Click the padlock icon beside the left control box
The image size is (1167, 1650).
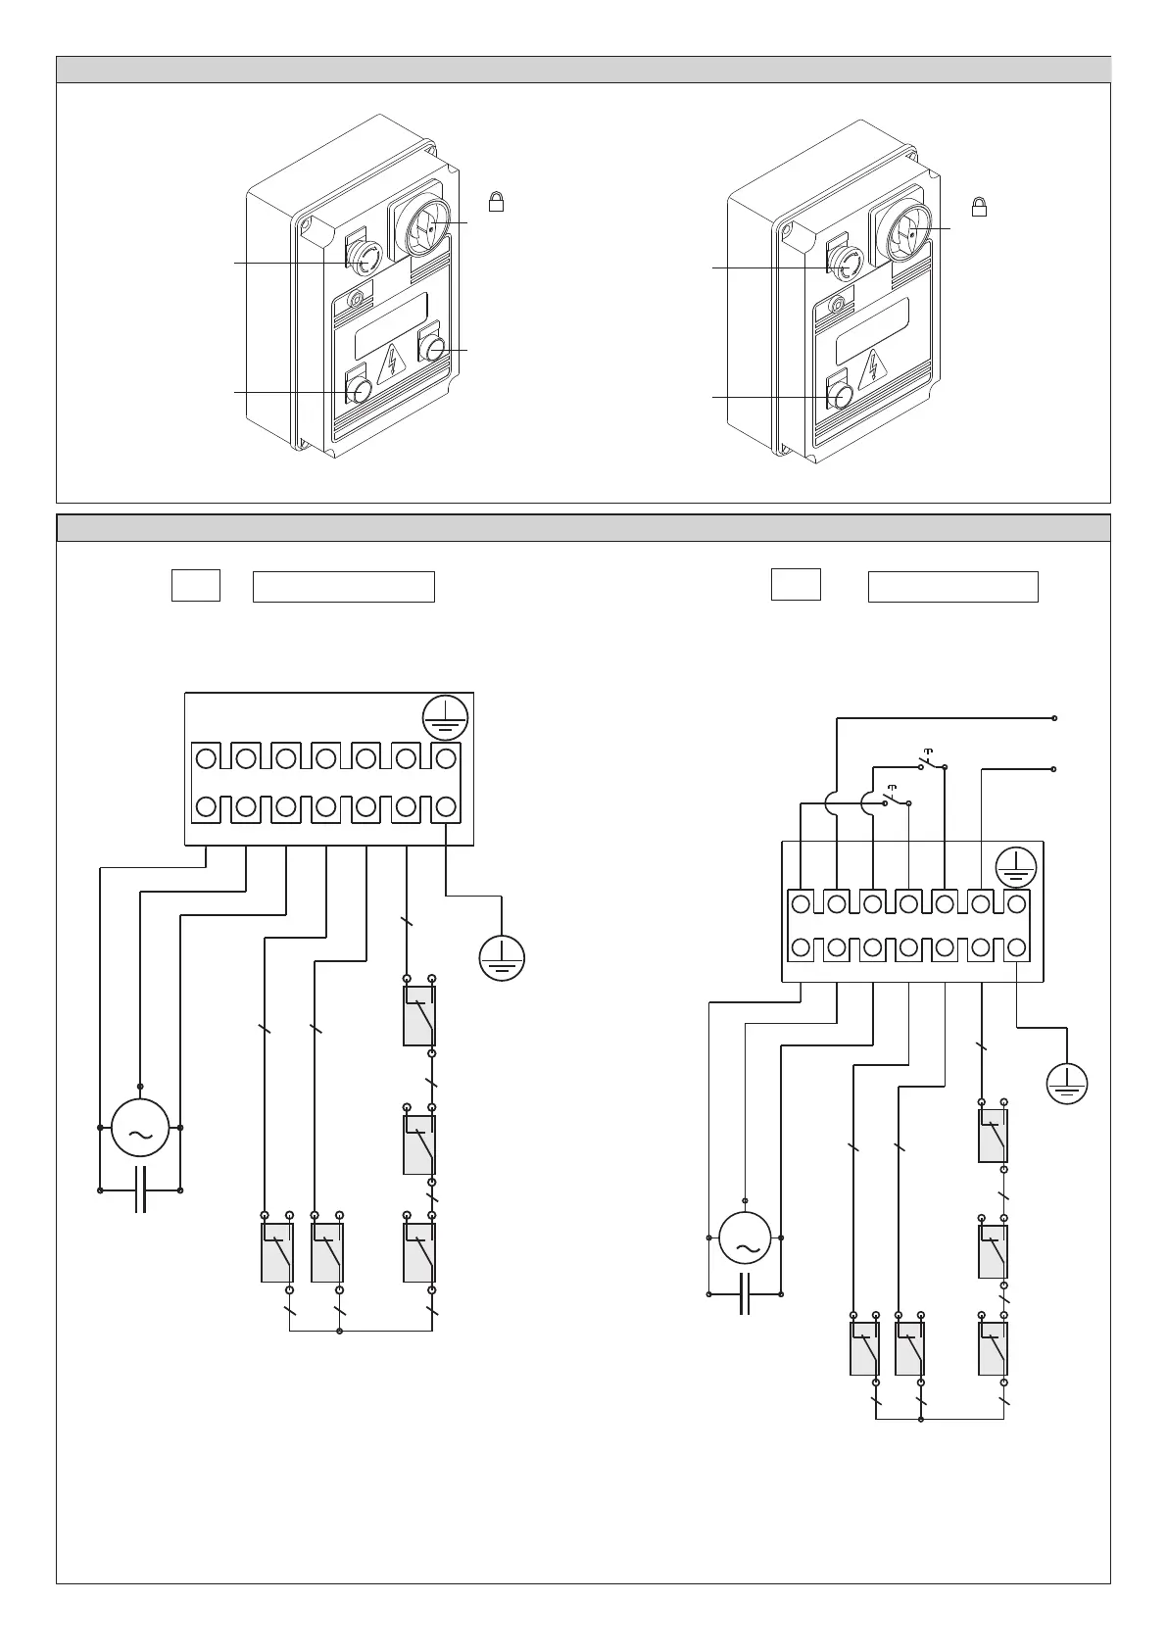tap(497, 202)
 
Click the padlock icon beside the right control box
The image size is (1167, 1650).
tap(978, 207)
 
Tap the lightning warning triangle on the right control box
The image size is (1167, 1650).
tap(871, 369)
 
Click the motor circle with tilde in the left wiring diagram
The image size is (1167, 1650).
tap(140, 1129)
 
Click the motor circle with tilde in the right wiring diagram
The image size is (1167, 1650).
tap(746, 1238)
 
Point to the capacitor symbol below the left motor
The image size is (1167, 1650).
tap(140, 1190)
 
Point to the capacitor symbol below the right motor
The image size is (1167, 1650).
tap(745, 1294)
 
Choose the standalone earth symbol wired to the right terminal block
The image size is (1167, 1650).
tap(1067, 1083)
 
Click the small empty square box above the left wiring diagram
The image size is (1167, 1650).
tap(196, 585)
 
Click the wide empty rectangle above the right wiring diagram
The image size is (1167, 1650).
tap(952, 586)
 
